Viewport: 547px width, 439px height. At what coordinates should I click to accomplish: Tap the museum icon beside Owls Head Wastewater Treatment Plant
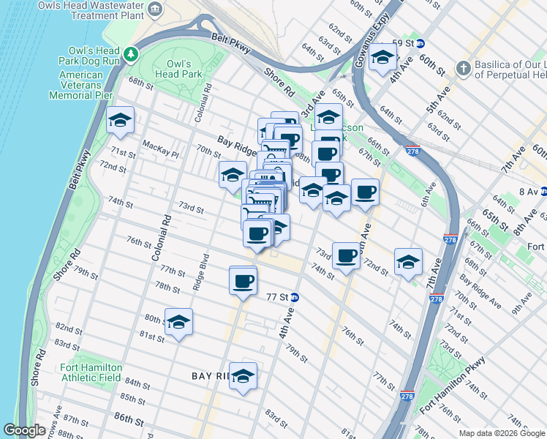(155, 9)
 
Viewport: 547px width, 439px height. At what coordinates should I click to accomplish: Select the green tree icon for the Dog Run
(130, 53)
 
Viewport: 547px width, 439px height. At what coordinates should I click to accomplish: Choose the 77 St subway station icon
(294, 298)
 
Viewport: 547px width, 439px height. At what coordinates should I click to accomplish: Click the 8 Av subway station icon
(542, 192)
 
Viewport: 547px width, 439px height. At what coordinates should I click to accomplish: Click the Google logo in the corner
(24, 430)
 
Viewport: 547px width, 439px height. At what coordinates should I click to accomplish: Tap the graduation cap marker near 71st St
(121, 122)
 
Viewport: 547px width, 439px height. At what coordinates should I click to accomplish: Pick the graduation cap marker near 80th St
(178, 323)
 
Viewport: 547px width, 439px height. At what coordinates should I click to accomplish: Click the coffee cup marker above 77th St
(244, 280)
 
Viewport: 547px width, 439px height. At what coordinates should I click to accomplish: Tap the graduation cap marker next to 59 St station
(382, 59)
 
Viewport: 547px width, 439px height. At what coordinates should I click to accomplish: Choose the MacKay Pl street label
(160, 149)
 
